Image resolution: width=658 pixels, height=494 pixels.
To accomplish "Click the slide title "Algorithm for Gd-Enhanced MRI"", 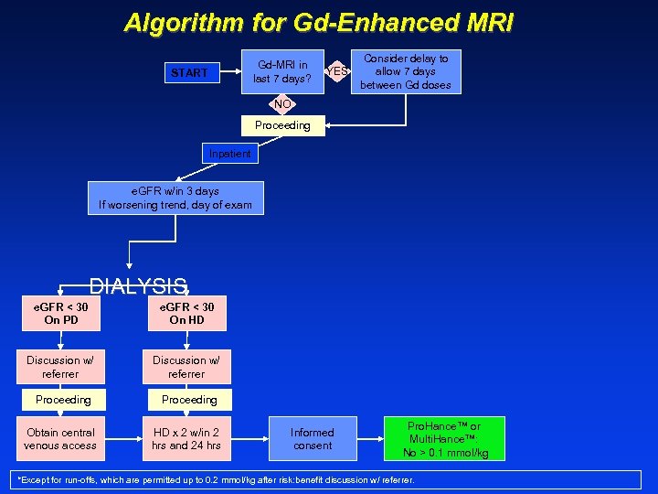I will tap(319, 23).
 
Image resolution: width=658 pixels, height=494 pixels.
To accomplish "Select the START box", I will tap(189, 72).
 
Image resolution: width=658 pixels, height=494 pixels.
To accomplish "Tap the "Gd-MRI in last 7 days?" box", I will tap(282, 71).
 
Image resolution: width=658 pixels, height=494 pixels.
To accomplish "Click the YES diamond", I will tap(338, 71).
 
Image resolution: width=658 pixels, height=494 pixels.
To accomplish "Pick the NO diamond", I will tap(282, 104).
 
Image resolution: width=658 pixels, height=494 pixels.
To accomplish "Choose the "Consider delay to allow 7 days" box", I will tap(406, 71).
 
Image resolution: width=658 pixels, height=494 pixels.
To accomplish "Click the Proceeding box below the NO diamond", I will tap(282, 125).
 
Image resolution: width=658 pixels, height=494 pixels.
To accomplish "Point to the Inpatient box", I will tap(229, 154).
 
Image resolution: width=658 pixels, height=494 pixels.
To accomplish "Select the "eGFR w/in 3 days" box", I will tap(175, 198).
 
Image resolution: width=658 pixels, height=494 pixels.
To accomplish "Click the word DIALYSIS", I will tap(138, 285).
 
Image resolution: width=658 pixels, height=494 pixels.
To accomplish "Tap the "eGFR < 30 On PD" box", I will tap(60, 313).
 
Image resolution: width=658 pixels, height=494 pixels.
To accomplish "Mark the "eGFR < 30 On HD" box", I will tap(186, 313).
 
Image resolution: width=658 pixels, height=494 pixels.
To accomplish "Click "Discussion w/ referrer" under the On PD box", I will tap(60, 367).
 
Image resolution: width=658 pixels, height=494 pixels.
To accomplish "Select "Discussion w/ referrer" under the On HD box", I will tap(186, 367).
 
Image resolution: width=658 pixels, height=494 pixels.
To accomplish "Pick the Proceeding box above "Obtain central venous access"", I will tap(63, 400).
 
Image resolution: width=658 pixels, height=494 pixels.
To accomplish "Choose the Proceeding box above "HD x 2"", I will tap(189, 400).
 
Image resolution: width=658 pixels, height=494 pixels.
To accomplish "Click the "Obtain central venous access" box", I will tap(60, 439).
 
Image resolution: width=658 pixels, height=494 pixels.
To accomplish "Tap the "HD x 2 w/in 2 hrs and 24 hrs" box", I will tap(186, 439).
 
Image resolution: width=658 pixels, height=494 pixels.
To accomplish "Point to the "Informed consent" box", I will tap(313, 439).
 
